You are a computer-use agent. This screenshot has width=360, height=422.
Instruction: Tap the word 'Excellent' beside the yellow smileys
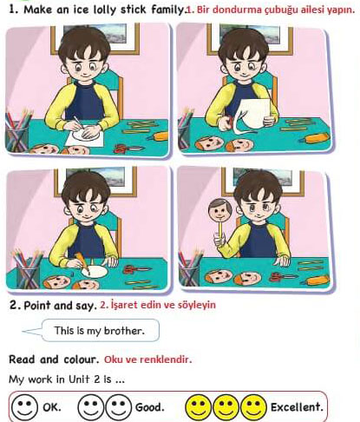tap(296, 407)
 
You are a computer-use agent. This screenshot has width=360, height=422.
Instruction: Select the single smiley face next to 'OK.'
tap(24, 406)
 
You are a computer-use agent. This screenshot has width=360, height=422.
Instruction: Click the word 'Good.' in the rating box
tap(150, 407)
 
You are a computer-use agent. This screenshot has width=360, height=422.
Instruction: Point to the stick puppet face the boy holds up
tap(220, 210)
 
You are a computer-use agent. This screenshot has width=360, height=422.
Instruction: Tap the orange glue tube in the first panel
tap(158, 136)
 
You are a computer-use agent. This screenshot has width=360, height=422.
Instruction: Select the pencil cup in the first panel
tap(16, 132)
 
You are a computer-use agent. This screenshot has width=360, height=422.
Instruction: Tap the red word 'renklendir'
tap(165, 359)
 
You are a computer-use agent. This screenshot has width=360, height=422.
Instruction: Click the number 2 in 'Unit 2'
tap(97, 379)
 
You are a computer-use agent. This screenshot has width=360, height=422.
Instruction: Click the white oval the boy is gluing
tap(95, 272)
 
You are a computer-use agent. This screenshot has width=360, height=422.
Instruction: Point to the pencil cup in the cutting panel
tap(185, 130)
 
